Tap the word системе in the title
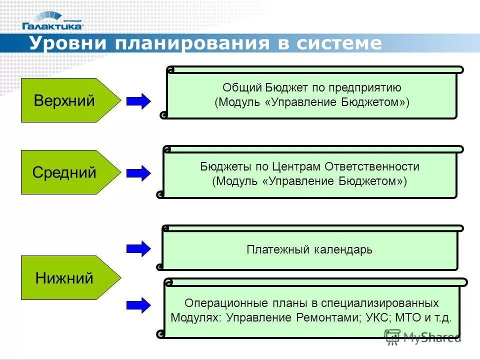click(x=339, y=43)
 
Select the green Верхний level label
click(x=65, y=100)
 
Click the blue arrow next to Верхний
click(x=138, y=101)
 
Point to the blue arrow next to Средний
click(x=138, y=173)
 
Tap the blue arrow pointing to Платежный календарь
click(x=138, y=248)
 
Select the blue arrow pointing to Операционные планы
click(x=138, y=304)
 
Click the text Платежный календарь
click(x=309, y=249)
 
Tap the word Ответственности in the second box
click(x=372, y=166)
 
